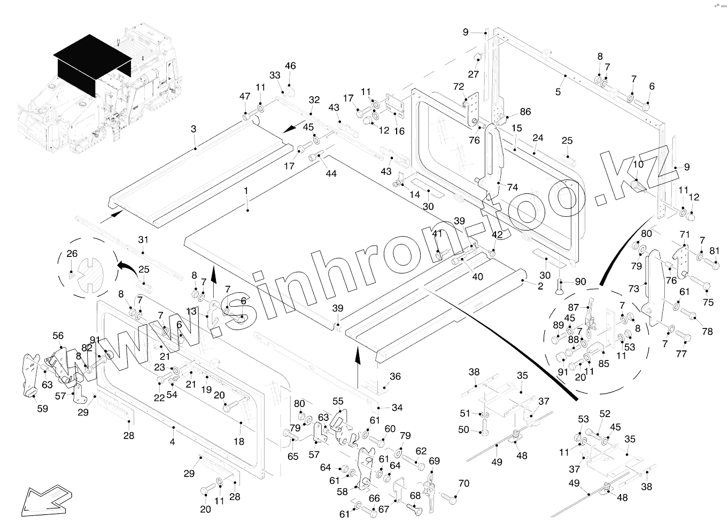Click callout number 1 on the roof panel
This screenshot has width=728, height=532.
246,191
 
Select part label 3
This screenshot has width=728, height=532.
193,129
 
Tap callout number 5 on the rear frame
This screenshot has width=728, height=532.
558,92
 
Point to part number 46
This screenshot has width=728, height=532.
290,66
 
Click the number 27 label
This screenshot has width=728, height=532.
474,74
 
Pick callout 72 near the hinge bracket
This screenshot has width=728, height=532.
459,87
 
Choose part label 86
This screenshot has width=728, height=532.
525,112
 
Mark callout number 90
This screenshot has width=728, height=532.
580,281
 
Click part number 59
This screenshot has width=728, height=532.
42,409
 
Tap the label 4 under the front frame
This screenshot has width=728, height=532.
172,442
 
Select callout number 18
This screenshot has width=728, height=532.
238,442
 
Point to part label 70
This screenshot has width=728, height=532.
464,483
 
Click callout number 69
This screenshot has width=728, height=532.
434,461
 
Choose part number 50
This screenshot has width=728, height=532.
463,430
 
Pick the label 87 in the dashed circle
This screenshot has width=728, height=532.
574,307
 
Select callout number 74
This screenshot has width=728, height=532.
513,187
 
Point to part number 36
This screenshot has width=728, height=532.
395,377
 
